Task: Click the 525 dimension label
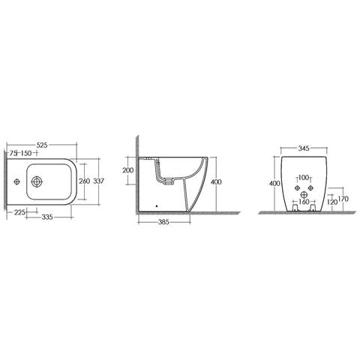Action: tap(42, 145)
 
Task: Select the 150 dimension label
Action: tap(26, 153)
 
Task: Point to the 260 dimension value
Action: tap(84, 181)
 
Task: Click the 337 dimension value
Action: tap(98, 181)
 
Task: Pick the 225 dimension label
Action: tap(19, 212)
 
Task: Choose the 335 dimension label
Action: tap(47, 217)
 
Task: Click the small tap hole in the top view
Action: tap(16, 181)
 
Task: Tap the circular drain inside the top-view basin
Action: tap(37, 181)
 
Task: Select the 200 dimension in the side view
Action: tap(128, 170)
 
